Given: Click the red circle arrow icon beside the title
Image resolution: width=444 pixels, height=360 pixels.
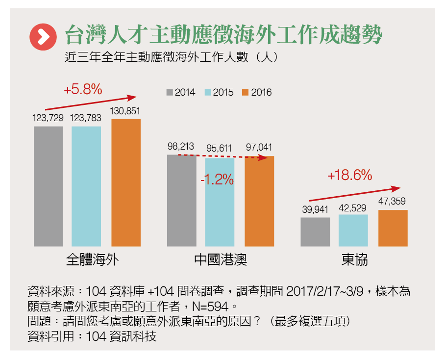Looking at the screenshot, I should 43,36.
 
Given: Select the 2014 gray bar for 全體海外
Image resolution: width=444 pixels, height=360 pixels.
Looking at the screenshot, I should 49,186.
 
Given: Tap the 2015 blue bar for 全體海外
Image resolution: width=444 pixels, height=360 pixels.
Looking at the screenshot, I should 86,186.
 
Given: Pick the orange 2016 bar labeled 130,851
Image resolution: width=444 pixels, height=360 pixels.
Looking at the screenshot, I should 126,182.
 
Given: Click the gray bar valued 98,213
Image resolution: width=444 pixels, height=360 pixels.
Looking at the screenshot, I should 181,200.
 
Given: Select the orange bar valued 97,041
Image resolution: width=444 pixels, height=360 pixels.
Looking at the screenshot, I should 259,201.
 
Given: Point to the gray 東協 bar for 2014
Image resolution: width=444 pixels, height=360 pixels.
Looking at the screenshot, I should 315,231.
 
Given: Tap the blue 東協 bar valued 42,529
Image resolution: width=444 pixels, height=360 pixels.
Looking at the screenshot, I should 353,230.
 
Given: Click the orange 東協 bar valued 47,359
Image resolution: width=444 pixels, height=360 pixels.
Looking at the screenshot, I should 393,228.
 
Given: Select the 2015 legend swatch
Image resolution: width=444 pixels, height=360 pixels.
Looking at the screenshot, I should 208,92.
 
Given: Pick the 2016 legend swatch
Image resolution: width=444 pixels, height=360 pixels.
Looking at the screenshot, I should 246,92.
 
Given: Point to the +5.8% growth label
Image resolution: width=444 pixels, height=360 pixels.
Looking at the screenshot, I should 83,90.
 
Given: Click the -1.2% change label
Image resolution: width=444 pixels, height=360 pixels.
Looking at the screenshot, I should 217,180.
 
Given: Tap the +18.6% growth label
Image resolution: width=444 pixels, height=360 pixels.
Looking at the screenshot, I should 350,175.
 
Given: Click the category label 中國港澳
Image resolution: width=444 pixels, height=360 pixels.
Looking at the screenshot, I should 221,259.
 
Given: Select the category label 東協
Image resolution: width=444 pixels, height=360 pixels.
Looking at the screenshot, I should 354,259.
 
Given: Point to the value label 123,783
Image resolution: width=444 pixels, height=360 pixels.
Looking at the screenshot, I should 86,118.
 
